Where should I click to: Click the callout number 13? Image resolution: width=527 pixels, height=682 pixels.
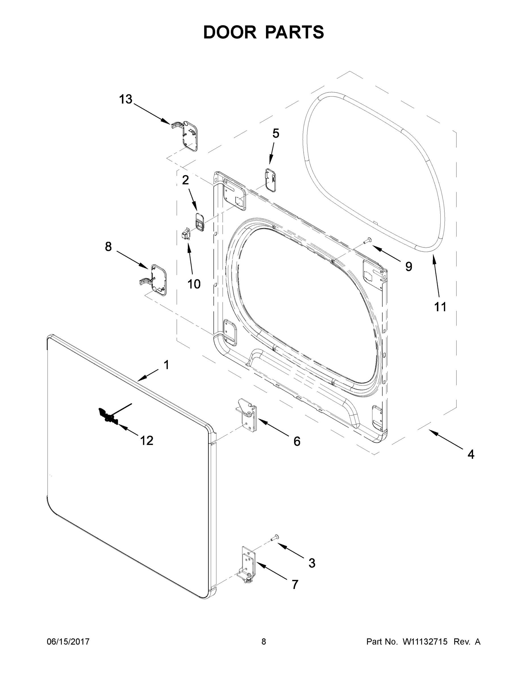(x=126, y=99)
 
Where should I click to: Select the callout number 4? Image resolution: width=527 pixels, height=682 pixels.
(x=471, y=454)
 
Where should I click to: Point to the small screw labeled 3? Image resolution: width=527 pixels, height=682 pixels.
(x=275, y=537)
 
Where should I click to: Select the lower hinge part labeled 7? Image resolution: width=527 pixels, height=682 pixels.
(x=248, y=565)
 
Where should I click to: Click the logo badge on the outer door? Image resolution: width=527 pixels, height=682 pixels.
(x=108, y=417)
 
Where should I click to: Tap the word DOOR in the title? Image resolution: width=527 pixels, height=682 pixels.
(x=230, y=32)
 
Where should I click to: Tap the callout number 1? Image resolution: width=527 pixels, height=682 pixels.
(x=166, y=364)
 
